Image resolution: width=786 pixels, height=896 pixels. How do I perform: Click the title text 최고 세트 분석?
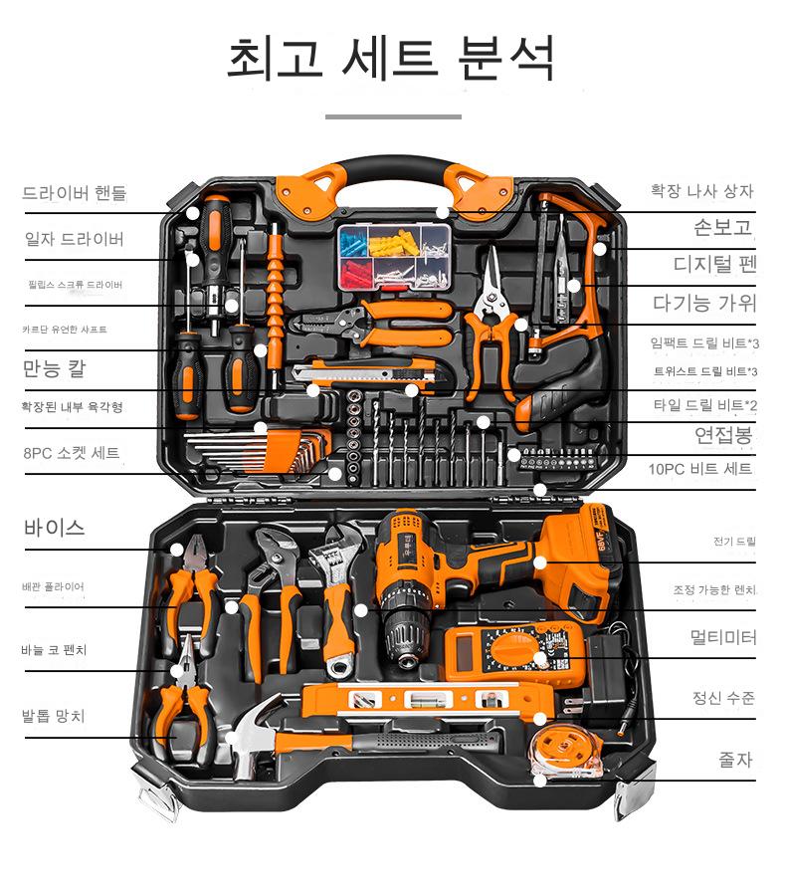point(391,58)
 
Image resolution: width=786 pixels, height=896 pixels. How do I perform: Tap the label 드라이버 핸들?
point(75,193)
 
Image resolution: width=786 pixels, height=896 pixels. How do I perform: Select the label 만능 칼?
point(55,368)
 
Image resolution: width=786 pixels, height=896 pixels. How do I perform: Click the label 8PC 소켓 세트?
point(72,453)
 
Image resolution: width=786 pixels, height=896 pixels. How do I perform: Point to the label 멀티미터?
point(723,636)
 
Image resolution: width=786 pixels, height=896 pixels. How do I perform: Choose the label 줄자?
point(735,760)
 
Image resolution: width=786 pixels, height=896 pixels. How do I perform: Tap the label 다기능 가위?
point(704,303)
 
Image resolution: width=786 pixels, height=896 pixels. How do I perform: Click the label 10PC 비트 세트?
point(699,469)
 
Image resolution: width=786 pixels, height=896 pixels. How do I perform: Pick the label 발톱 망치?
point(53,716)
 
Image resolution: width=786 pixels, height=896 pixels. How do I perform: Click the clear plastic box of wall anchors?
point(395,256)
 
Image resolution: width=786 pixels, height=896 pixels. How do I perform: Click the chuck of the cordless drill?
point(406,635)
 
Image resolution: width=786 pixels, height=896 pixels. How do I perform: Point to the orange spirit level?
point(427,700)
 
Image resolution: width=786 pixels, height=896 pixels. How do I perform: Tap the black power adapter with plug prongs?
point(606,674)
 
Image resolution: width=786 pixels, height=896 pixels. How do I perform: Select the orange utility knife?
point(364,372)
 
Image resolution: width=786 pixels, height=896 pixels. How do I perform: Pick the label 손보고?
point(723,227)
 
